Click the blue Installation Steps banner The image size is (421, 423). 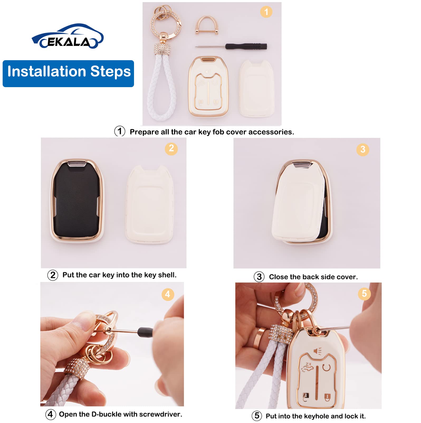[68, 73]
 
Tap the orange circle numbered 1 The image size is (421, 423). [266, 12]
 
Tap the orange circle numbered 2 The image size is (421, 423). [171, 148]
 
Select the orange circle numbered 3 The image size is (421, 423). [363, 149]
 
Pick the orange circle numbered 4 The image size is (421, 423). [168, 294]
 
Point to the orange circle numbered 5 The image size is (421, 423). [364, 294]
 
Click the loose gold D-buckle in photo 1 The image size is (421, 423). [207, 25]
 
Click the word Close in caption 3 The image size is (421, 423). [278, 277]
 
